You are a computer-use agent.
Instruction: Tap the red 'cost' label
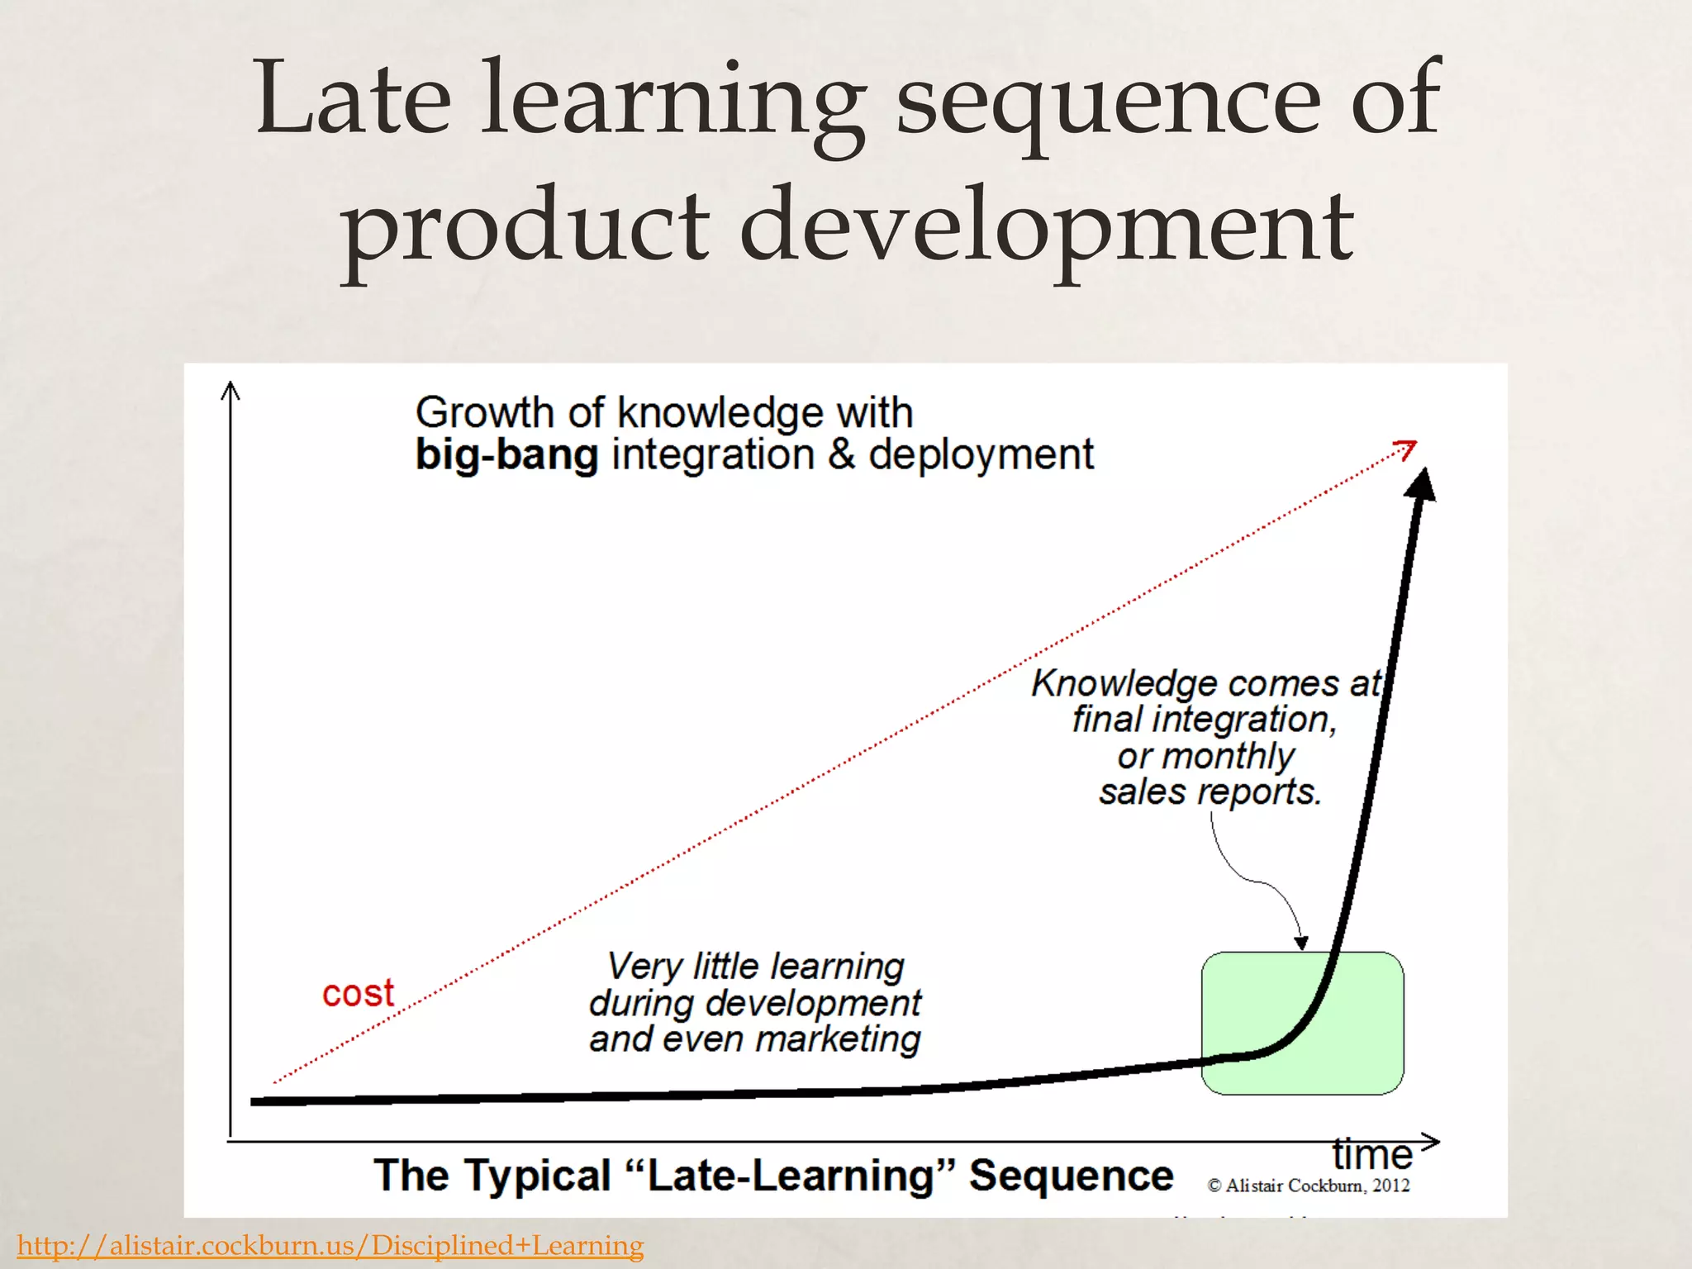point(358,993)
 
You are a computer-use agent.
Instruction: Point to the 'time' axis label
point(1371,1153)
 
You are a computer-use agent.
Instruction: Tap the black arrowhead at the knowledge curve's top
point(1422,483)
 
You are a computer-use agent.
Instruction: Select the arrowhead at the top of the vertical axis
point(231,389)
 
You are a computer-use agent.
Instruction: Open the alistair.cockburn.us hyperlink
point(330,1245)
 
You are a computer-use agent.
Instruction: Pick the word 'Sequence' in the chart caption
point(1071,1175)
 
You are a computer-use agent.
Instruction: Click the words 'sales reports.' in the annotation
point(1210,791)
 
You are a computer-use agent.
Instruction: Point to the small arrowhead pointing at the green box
point(1301,943)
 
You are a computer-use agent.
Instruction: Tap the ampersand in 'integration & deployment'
point(841,455)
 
